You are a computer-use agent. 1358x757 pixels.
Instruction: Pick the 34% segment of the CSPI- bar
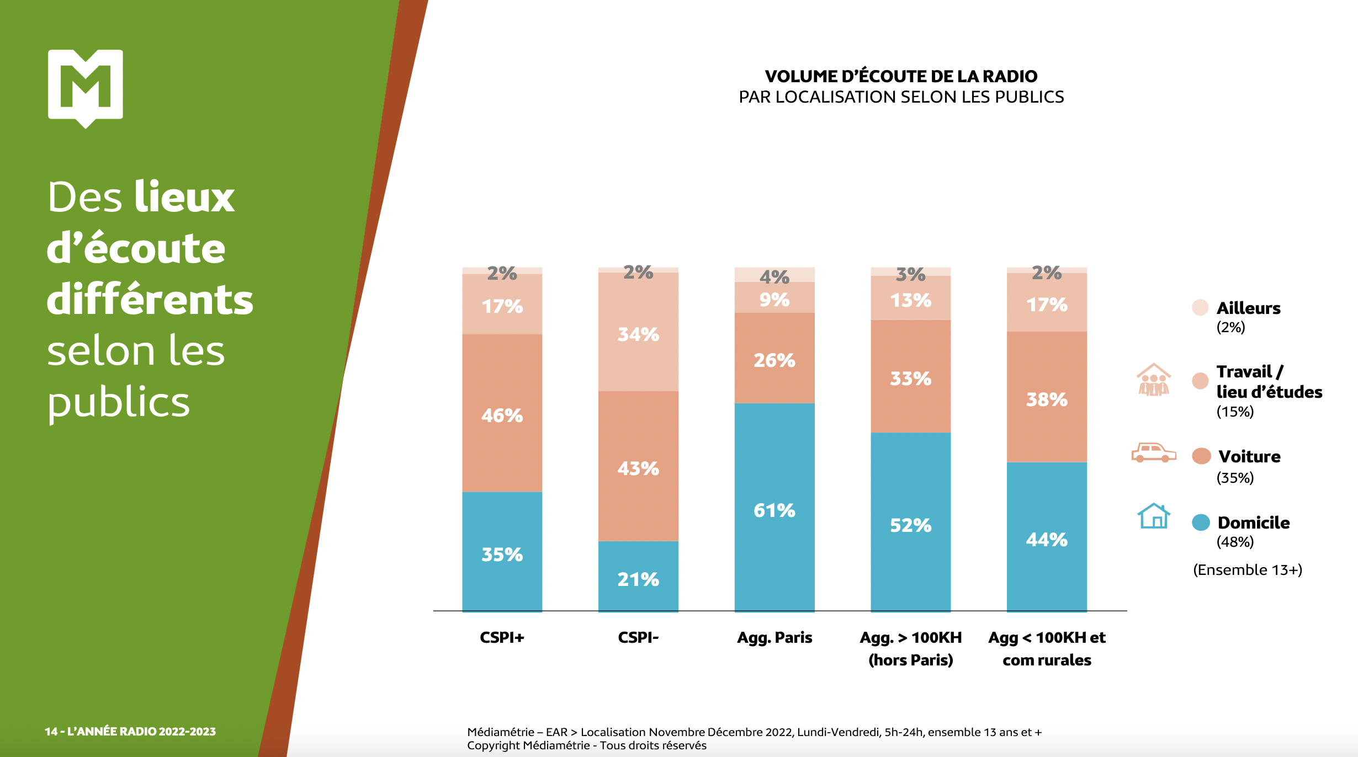pos(638,334)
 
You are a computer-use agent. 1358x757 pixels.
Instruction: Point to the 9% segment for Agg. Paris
pos(774,300)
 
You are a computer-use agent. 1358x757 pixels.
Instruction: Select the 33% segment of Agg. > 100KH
pos(910,378)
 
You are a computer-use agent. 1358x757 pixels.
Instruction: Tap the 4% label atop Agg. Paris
pos(774,276)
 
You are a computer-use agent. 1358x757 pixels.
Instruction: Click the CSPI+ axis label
pos(502,637)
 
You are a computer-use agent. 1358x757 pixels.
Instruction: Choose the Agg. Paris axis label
pos(775,637)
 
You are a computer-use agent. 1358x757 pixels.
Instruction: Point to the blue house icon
pos(1153,516)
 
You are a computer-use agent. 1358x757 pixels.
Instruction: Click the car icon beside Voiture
pos(1153,452)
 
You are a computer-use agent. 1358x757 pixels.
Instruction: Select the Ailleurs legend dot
pos(1200,307)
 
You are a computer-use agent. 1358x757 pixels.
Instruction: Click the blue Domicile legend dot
pos(1201,522)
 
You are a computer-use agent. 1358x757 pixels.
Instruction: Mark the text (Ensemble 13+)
pos(1247,569)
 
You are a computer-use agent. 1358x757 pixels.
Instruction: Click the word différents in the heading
pos(150,300)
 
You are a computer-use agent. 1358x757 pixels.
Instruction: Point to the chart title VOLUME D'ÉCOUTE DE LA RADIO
pos(901,76)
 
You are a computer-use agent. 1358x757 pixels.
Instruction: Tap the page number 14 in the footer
pos(51,732)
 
